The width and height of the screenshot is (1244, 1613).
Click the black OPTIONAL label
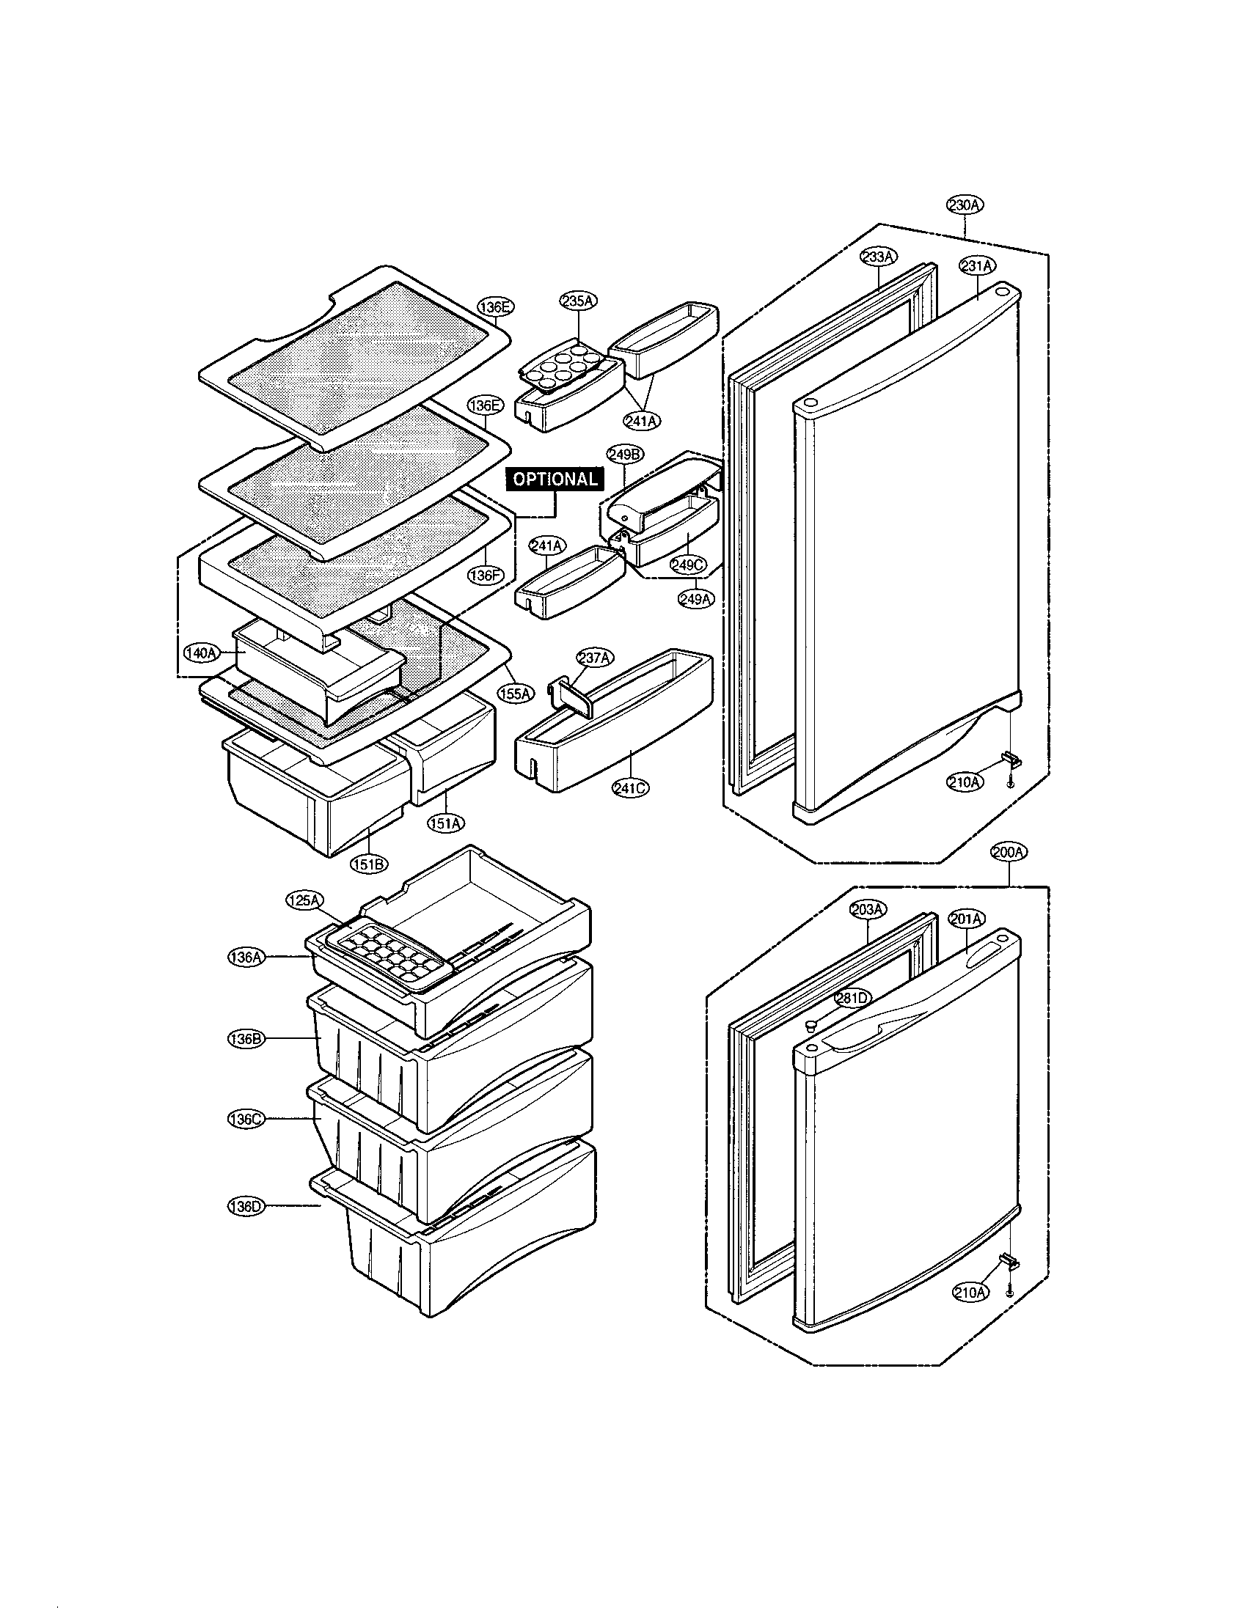555,479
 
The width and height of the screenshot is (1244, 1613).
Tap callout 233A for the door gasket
878,257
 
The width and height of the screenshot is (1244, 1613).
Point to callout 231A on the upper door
977,265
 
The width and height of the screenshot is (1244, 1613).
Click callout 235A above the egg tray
579,301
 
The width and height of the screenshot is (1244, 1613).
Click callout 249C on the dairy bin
688,565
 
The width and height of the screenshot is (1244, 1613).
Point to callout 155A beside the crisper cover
515,693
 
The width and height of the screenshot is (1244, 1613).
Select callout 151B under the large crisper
369,863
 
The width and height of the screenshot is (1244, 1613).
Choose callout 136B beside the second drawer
244,1038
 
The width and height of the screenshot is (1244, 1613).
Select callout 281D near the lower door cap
852,998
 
